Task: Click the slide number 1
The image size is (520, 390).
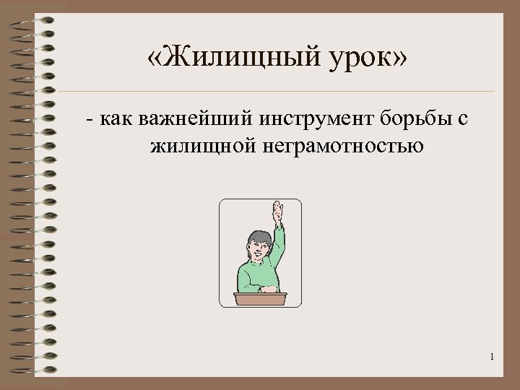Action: click(491, 356)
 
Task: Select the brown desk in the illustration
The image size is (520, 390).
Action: click(260, 299)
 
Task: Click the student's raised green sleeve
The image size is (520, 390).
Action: click(277, 246)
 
